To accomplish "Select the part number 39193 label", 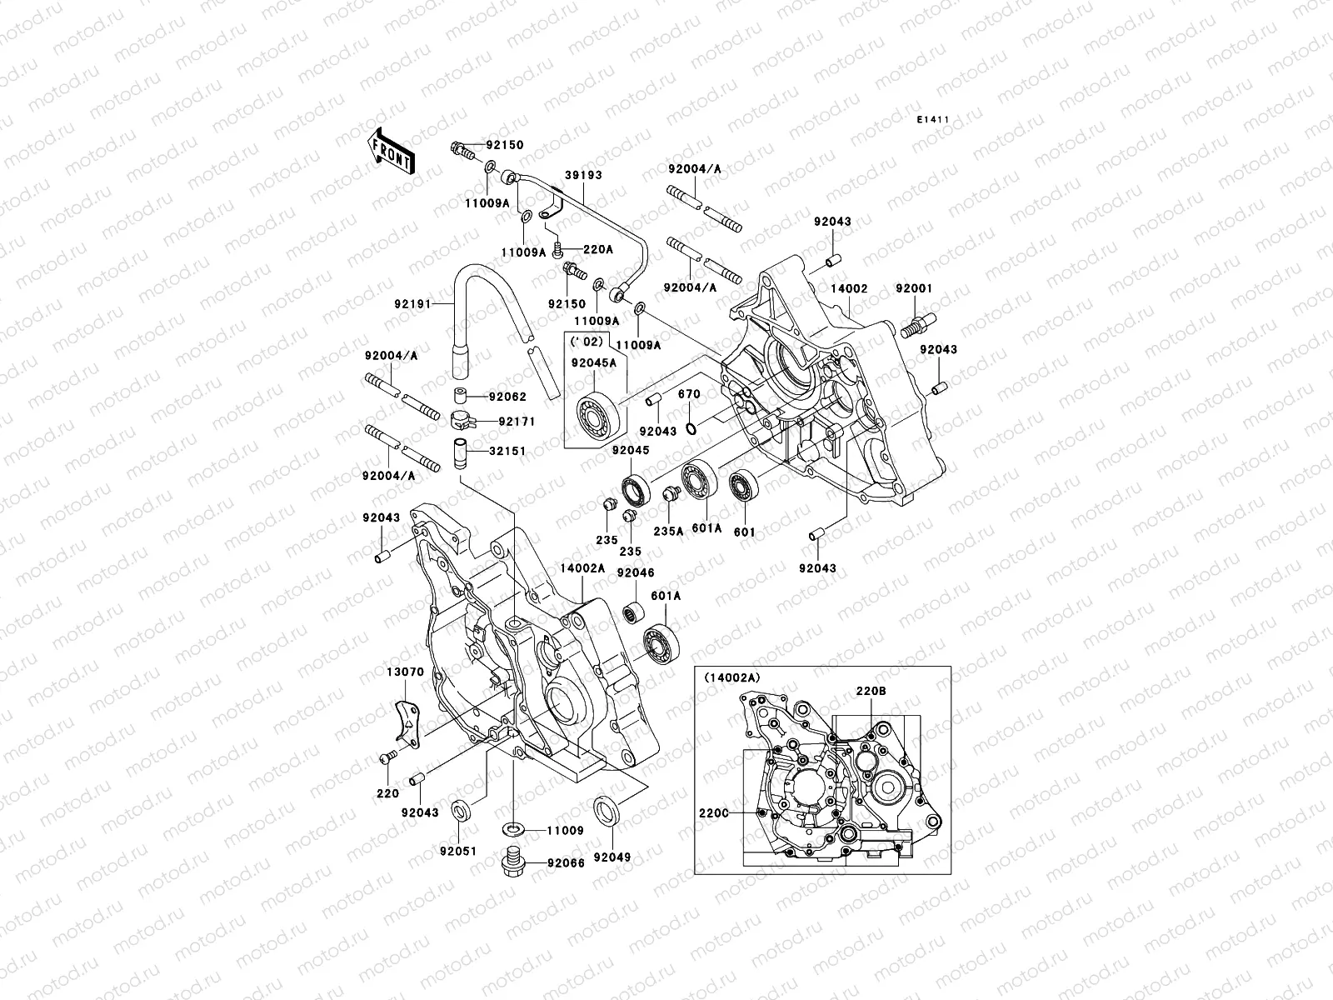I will click(586, 176).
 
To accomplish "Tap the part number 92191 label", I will click(414, 304).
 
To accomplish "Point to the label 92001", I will click(914, 288).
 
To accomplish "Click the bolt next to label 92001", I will click(917, 322).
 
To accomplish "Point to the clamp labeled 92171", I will click(462, 420).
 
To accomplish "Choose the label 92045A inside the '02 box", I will click(593, 362).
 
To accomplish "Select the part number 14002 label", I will click(849, 288).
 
